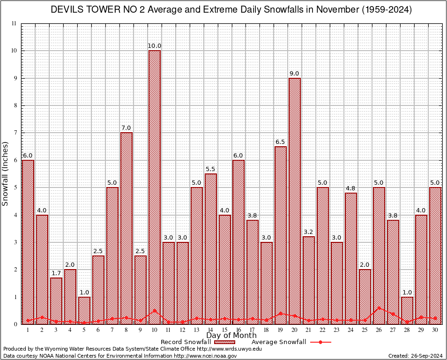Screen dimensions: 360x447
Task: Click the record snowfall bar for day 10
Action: tap(155, 187)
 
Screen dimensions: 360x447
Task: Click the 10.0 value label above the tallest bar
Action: tap(155, 46)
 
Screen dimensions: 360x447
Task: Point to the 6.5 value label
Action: tap(281, 142)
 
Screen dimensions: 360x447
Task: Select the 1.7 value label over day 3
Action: tap(56, 273)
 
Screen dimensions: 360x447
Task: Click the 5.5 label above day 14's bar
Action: tap(211, 169)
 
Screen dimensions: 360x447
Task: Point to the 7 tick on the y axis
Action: tap(15, 133)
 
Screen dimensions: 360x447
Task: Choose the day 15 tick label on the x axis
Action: tap(225, 330)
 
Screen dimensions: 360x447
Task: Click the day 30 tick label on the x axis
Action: tap(435, 330)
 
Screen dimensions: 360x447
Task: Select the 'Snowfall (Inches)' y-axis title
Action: tap(5, 173)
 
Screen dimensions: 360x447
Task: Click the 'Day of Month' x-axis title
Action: tap(231, 336)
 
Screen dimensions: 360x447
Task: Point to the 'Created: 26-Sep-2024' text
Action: tap(416, 356)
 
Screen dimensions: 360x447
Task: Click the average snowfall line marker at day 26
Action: tap(379, 308)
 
